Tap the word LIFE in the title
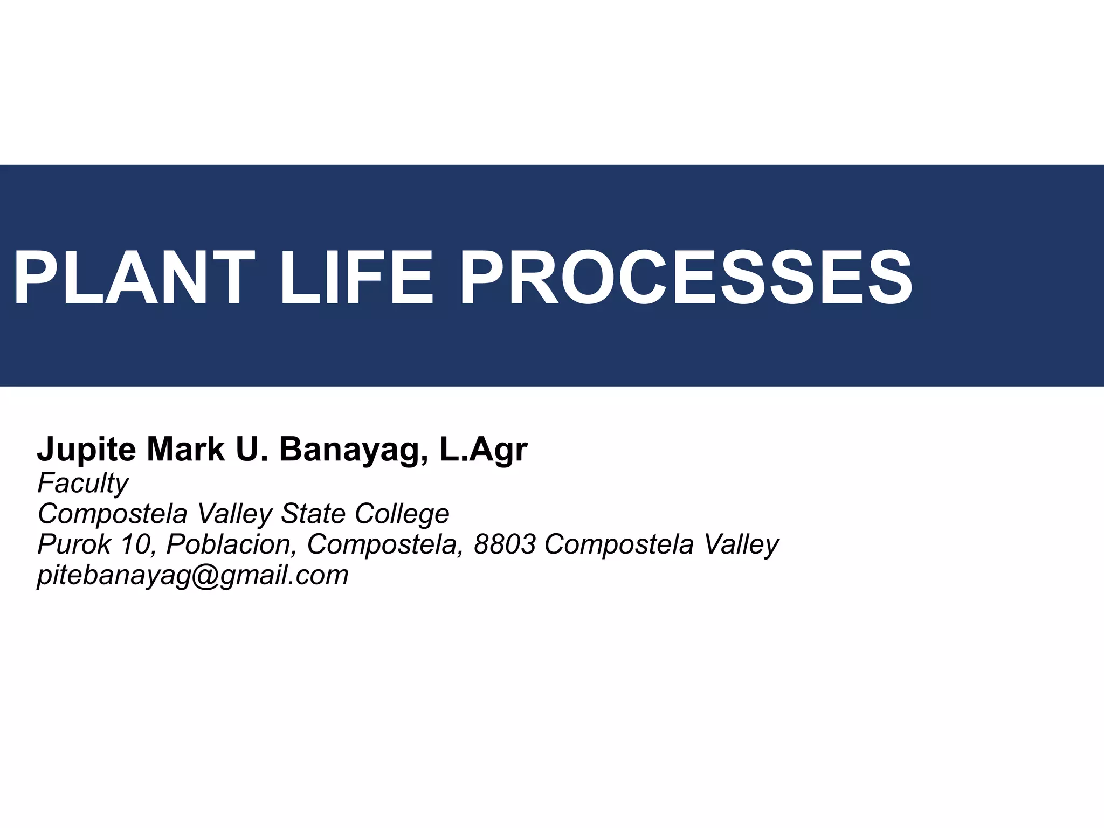[x=356, y=278]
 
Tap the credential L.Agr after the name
[x=484, y=450]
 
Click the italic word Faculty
[x=82, y=484]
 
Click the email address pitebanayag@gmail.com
[x=192, y=576]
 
